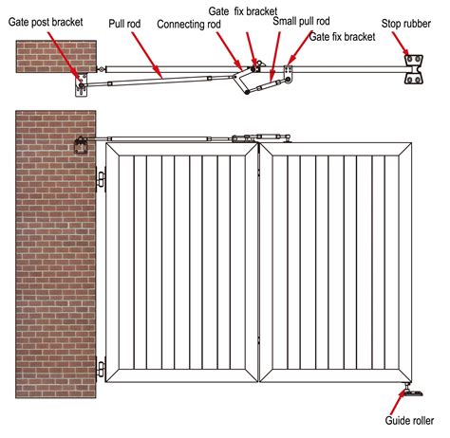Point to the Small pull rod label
click(x=303, y=20)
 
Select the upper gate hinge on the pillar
click(x=100, y=179)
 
